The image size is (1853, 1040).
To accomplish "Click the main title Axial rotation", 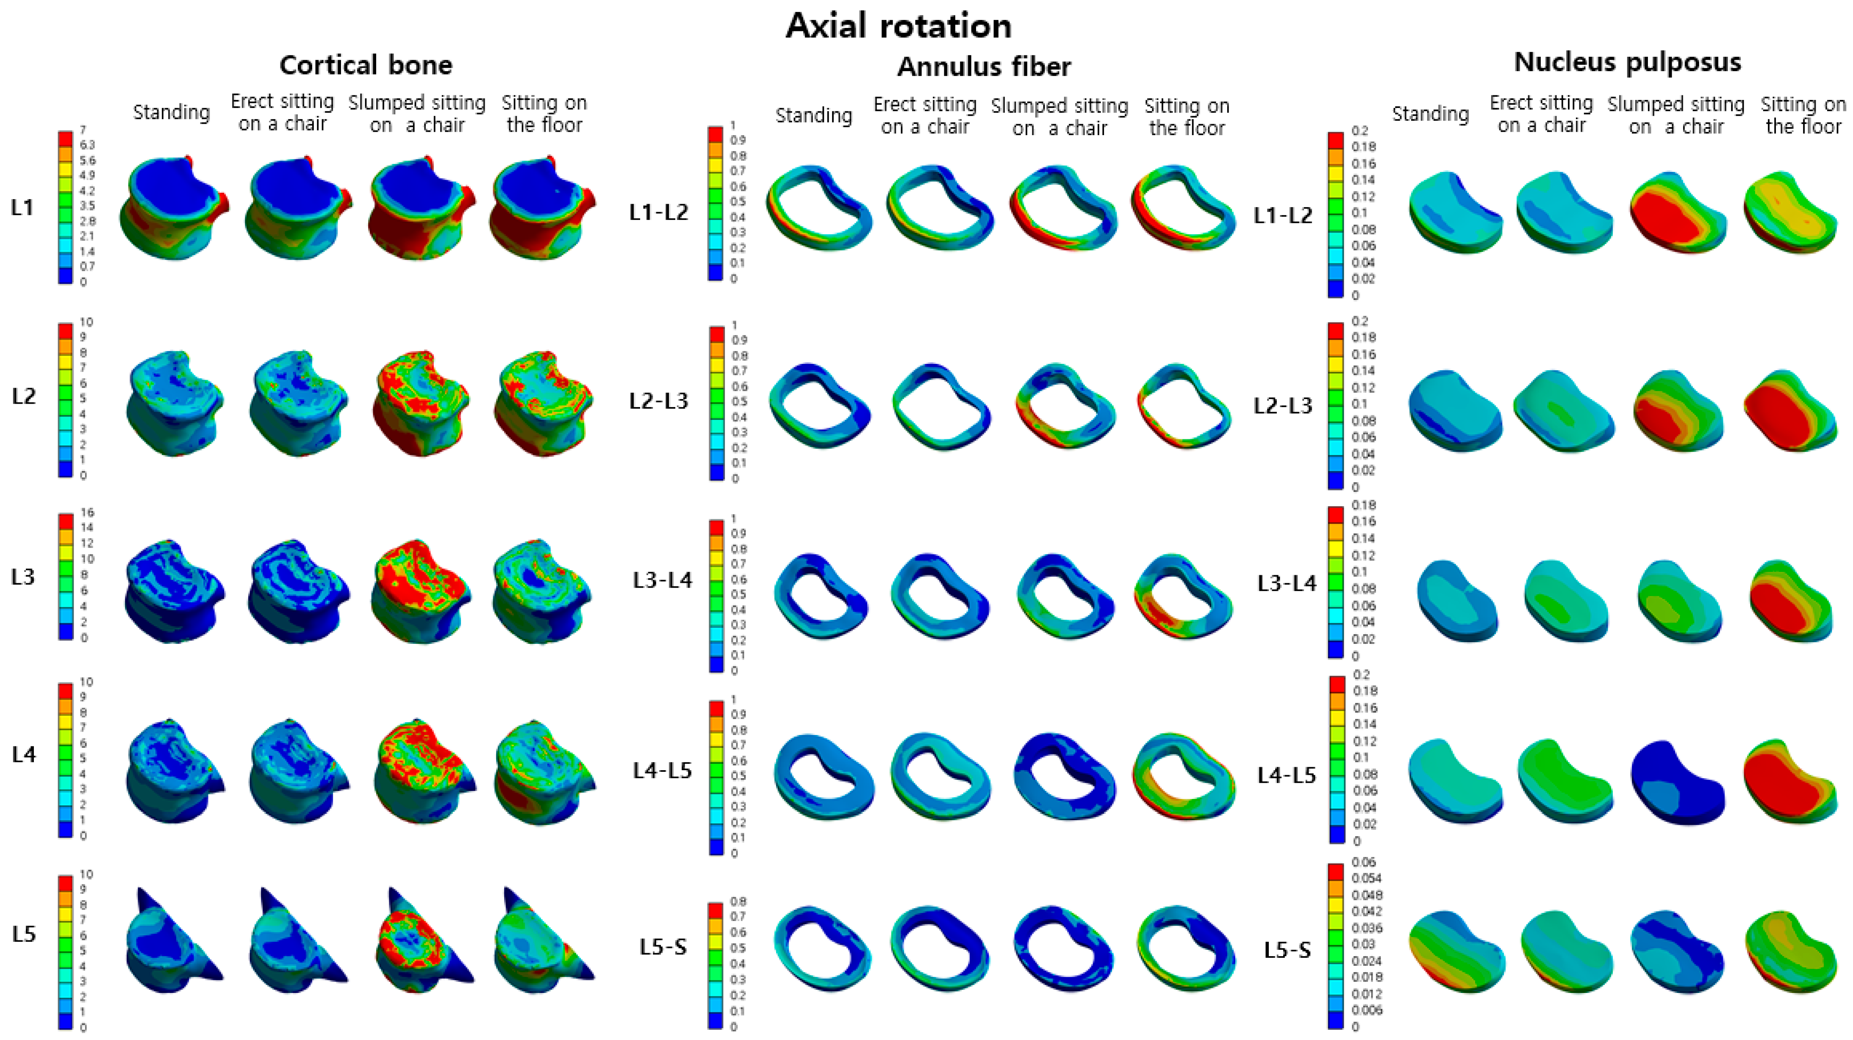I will click(899, 26).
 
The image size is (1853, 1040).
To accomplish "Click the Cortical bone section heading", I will click(366, 65).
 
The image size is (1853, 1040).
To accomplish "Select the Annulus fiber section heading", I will click(983, 67).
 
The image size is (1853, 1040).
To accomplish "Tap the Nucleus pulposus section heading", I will click(1627, 63).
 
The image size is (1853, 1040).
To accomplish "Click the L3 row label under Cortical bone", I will click(23, 577).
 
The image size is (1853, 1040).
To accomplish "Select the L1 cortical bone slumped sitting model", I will click(421, 208).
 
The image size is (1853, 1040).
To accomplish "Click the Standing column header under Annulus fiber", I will click(813, 116).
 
